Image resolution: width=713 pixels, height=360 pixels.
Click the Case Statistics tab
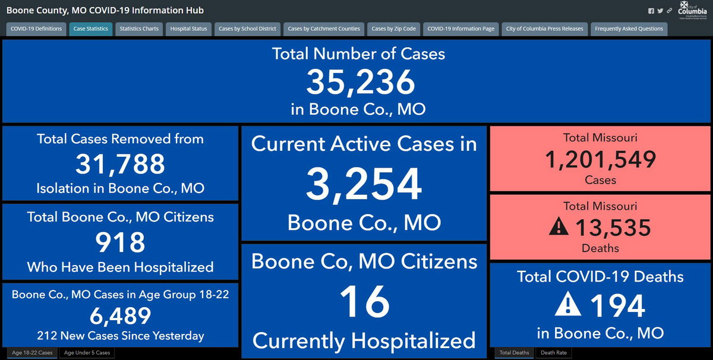pyautogui.click(x=90, y=29)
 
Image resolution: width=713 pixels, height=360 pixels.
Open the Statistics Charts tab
pyautogui.click(x=139, y=29)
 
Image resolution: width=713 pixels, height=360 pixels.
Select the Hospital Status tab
pyautogui.click(x=188, y=29)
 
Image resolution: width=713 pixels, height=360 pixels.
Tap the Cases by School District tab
pyautogui.click(x=247, y=29)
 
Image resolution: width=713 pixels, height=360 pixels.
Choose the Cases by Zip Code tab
pyautogui.click(x=393, y=29)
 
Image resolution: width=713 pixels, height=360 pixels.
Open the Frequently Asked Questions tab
pyautogui.click(x=629, y=29)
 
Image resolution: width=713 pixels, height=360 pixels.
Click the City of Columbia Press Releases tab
pyautogui.click(x=544, y=29)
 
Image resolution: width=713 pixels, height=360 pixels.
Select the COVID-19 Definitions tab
pyautogui.click(x=36, y=29)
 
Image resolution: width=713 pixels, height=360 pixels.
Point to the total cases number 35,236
pyautogui.click(x=360, y=82)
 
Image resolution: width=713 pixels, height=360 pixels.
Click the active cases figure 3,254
pyautogui.click(x=364, y=184)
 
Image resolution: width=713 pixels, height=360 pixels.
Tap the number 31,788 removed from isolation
pyautogui.click(x=120, y=165)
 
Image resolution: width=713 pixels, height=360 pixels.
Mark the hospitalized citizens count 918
pyautogui.click(x=120, y=242)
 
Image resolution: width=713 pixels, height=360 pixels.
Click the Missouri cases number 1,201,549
pyautogui.click(x=601, y=159)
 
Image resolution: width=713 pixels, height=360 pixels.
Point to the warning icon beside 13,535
pyautogui.click(x=559, y=227)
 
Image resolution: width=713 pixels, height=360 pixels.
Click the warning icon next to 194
pyautogui.click(x=567, y=305)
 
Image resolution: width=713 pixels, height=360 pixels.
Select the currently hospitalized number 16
pyautogui.click(x=364, y=302)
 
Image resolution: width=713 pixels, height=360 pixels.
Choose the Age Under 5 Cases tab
pyautogui.click(x=87, y=353)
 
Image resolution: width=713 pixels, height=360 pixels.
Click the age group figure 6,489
pyautogui.click(x=120, y=315)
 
